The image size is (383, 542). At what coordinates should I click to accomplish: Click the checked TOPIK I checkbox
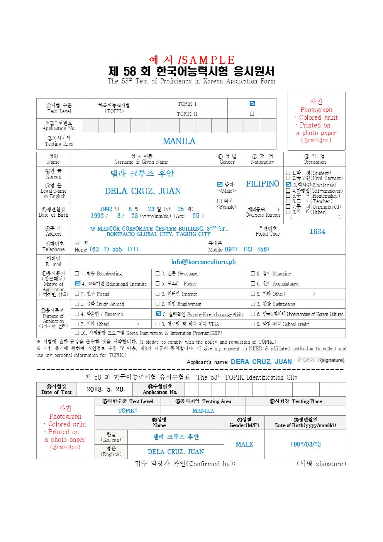pos(252,104)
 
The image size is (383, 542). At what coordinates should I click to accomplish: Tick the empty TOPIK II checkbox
pos(252,114)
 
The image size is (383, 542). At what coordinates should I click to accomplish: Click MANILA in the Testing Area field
pos(179,141)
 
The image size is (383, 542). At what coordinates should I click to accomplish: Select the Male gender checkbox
pos(220,184)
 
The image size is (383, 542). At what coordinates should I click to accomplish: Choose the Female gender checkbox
pos(220,201)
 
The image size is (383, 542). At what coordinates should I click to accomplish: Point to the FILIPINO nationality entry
pos(263,184)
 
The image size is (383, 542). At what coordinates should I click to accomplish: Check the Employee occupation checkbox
pos(288,185)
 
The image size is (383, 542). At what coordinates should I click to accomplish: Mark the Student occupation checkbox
pos(288,173)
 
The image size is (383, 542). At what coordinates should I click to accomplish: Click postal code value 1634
pos(317,231)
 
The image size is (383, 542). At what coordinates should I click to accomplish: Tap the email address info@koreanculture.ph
pos(203,262)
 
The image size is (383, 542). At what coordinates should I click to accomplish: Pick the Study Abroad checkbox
pos(77,304)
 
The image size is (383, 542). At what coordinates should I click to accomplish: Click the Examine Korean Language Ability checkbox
pos(158,314)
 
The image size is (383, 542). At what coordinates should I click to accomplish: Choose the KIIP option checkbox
pos(77,333)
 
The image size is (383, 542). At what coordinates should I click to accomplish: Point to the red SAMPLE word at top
pos(208,60)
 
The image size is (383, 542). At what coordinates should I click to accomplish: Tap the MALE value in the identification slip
pos(244,444)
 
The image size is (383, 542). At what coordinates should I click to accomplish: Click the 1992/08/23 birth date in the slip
pos(305,444)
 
